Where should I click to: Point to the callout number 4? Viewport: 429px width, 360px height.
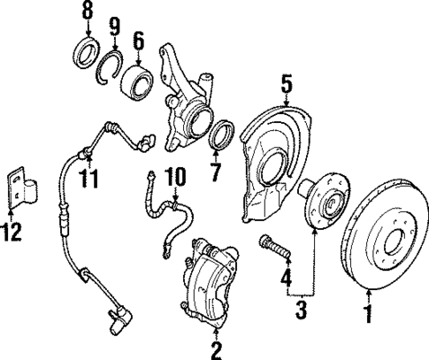pyautogui.click(x=285, y=280)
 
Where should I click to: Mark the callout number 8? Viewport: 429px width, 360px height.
pyautogui.click(x=87, y=12)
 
